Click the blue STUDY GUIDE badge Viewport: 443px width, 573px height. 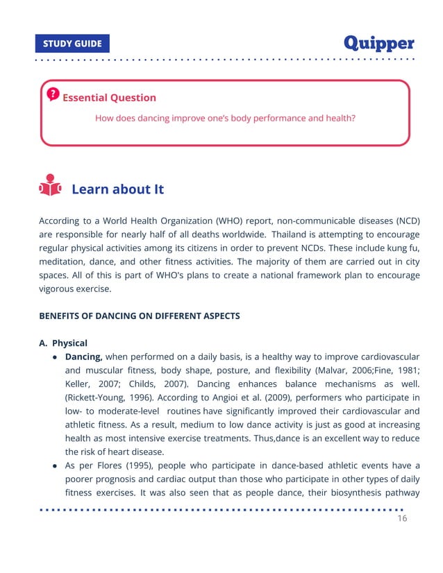(72, 44)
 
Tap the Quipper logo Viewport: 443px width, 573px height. (379, 43)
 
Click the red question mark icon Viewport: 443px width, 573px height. (53, 94)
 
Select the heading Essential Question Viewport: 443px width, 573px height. (109, 98)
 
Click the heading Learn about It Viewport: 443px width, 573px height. (117, 189)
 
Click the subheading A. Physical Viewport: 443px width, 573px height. (63, 343)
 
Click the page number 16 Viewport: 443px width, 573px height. (402, 519)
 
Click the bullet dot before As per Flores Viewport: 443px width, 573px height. (55, 465)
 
